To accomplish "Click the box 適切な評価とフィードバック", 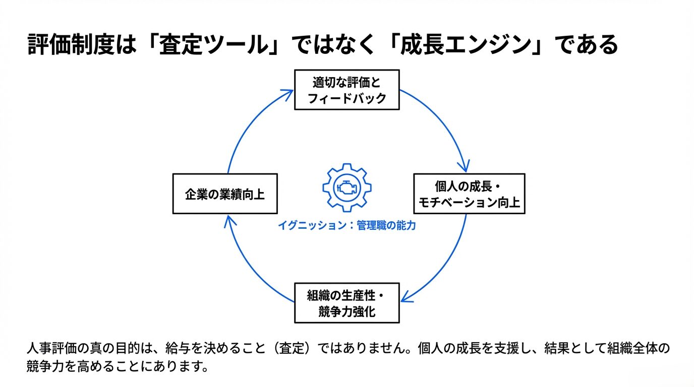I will click(346, 89).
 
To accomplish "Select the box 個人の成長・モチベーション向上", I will click(469, 193).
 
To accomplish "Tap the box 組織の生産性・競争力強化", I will click(346, 303).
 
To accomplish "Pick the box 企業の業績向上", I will click(225, 193).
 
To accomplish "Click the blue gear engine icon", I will click(346, 187).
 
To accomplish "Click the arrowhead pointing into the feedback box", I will click(288, 93).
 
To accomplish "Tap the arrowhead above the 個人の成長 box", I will click(465, 165).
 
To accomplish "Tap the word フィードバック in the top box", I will click(346, 98).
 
